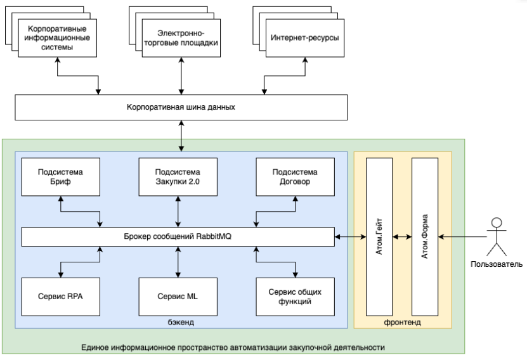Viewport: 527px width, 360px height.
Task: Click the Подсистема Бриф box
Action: [x=60, y=177]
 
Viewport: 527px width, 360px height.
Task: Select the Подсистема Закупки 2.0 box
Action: [x=178, y=177]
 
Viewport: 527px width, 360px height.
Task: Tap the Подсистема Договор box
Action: [x=295, y=177]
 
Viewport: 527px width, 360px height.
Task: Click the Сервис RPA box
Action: [x=60, y=297]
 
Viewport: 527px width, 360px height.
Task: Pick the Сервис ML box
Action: [x=178, y=297]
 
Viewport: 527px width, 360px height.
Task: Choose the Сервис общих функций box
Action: [x=295, y=297]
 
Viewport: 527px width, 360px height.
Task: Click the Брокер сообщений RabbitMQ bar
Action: [x=178, y=237]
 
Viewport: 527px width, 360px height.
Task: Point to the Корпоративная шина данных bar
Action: [x=181, y=107]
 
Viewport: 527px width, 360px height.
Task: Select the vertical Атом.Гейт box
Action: [x=379, y=237]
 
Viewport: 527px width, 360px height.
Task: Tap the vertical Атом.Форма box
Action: [x=425, y=237]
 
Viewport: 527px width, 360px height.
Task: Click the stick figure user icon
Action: [x=497, y=237]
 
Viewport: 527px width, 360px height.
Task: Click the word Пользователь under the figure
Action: [x=497, y=264]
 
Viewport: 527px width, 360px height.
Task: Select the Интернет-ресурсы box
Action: [x=305, y=38]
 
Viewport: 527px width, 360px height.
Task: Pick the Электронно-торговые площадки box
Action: [x=181, y=38]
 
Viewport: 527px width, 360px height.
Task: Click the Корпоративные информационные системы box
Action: [x=57, y=38]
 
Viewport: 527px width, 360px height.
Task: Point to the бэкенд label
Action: [x=181, y=323]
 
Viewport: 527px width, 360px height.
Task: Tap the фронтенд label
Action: [x=402, y=323]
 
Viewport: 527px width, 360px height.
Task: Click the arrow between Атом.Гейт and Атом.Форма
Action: [x=402, y=237]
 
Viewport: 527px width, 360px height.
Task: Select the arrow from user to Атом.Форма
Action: [x=462, y=237]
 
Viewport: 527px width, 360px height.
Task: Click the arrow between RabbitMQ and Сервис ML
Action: [x=178, y=262]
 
